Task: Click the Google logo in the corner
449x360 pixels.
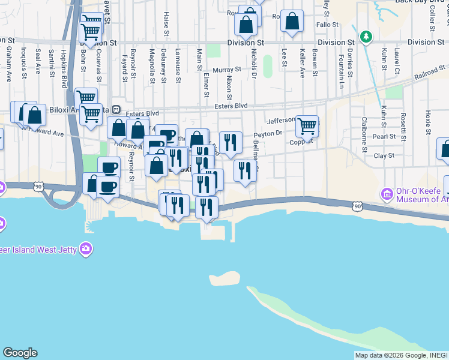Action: [20, 353]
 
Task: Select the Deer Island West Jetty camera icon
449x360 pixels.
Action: [86, 248]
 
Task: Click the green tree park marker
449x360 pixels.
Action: [366, 38]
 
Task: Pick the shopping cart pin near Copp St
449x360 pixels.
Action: [307, 126]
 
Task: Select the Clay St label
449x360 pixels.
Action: [384, 155]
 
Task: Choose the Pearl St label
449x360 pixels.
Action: [384, 137]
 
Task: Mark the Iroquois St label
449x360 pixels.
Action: [23, 63]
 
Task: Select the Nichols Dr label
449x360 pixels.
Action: [254, 64]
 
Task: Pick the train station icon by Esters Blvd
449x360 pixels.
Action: [117, 110]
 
